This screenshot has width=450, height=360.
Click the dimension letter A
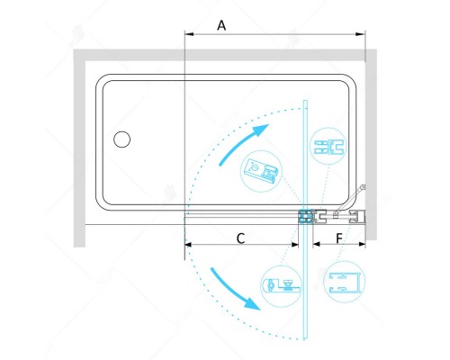pos(221,25)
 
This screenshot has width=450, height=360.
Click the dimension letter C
pos(240,238)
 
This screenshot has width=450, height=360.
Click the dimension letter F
pos(339,238)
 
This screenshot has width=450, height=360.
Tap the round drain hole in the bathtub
pos(121,139)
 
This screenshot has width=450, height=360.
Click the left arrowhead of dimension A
pos(189,34)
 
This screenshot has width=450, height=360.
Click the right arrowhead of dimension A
pos(360,34)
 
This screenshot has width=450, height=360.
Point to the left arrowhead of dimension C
pos(188,245)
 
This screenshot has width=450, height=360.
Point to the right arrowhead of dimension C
pos(295,245)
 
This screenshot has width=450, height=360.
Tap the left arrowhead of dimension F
pos(317,245)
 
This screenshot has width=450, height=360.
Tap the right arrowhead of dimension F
pos(362,245)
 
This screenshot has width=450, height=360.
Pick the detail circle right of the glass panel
pos(328,146)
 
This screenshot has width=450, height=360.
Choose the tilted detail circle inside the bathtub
pos(261,171)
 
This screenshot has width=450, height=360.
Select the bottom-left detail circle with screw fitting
pos(281,286)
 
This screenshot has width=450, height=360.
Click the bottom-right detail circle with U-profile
pos(344,282)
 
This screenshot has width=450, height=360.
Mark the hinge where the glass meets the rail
pos(305,217)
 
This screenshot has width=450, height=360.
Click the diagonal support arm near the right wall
pos(349,200)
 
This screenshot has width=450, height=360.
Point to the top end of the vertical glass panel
pos(305,101)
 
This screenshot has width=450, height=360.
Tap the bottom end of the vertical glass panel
pos(305,338)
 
